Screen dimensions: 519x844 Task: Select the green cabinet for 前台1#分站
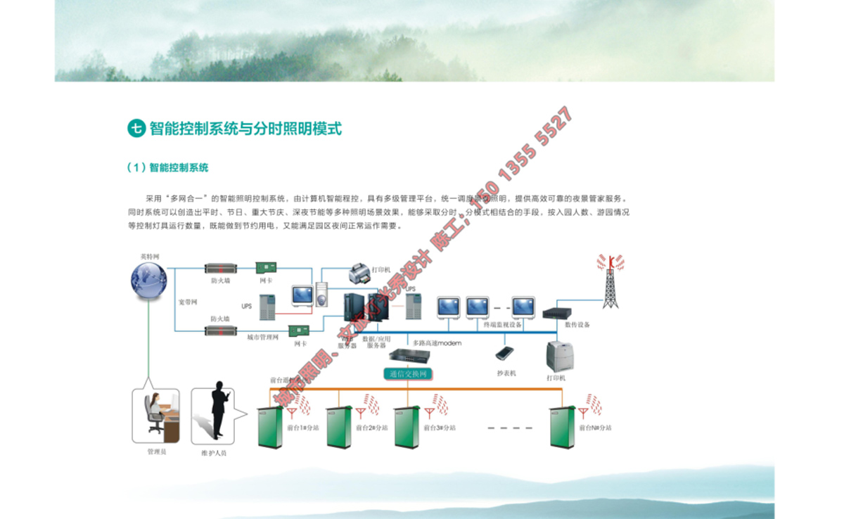[269, 427]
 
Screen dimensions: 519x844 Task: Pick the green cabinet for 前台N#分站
[563, 427]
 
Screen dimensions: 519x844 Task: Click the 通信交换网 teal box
[408, 373]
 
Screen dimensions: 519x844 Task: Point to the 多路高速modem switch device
[408, 356]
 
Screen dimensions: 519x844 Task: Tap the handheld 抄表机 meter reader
[504, 353]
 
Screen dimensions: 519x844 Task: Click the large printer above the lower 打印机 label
[561, 356]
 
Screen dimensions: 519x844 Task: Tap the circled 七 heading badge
[136, 128]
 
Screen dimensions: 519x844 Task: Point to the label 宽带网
[188, 302]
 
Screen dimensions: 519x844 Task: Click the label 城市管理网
[263, 337]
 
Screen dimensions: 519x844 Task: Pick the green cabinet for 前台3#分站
[407, 427]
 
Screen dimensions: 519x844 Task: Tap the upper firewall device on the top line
[220, 268]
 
